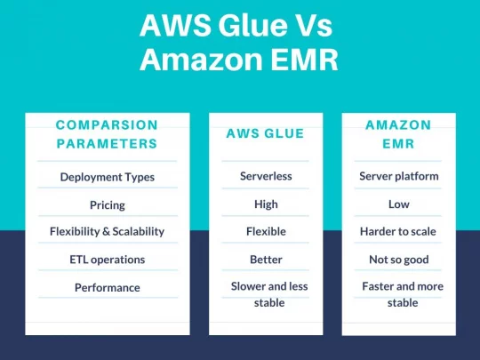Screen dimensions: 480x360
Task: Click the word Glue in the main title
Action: click(252, 26)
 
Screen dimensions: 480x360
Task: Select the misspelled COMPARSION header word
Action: click(107, 125)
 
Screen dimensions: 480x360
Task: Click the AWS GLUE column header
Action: click(265, 133)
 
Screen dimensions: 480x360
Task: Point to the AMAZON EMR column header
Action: click(398, 134)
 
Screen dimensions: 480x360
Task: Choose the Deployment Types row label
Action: click(108, 177)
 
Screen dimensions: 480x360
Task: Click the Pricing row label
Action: click(108, 204)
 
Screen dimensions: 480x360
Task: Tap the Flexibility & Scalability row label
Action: click(108, 231)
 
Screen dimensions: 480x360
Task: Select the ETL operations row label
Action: click(108, 260)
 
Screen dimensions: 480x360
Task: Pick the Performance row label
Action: click(108, 287)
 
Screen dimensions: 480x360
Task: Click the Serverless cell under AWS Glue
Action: click(266, 176)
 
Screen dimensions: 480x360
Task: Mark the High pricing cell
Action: click(266, 204)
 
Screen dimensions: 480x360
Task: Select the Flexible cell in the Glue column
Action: click(266, 231)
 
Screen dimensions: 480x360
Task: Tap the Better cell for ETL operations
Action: click(266, 260)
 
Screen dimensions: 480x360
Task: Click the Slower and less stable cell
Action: click(269, 294)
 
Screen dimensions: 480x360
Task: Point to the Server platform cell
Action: click(399, 176)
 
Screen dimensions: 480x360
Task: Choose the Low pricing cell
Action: click(399, 204)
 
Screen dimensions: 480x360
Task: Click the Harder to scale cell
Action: click(398, 231)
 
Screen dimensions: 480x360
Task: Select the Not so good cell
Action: click(399, 260)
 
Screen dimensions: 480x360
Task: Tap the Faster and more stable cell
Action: click(403, 294)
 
